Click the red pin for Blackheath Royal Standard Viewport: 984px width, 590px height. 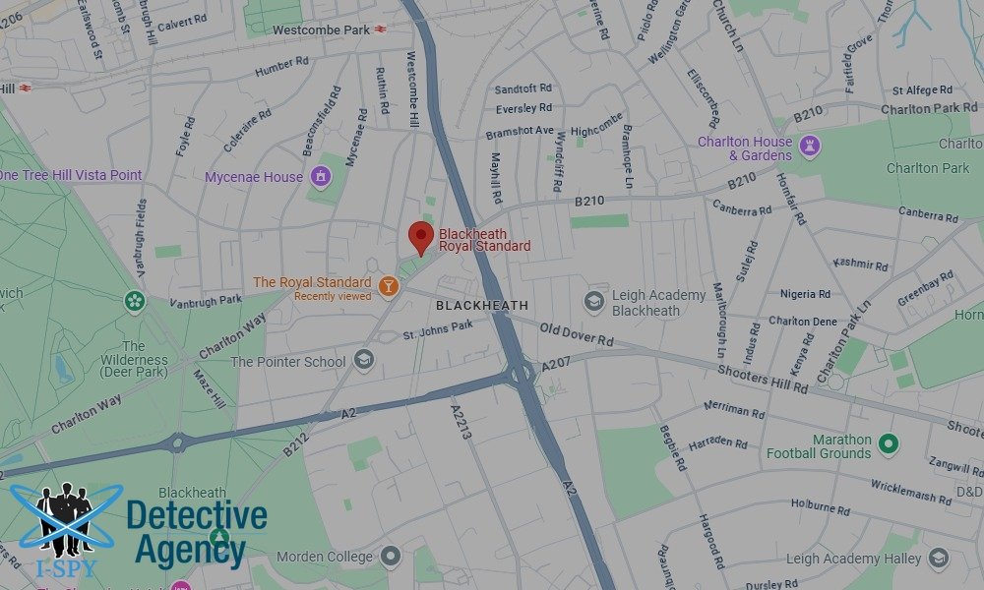click(421, 237)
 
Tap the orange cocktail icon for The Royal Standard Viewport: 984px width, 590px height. click(389, 286)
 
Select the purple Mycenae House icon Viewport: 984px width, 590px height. click(320, 177)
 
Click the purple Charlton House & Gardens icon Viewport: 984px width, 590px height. click(810, 147)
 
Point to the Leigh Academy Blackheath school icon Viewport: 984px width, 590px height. click(593, 301)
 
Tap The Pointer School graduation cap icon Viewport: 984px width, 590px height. click(364, 361)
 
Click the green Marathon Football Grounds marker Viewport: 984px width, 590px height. click(889, 445)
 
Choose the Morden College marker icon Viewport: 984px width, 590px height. click(391, 557)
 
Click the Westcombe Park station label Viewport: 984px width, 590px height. click(321, 29)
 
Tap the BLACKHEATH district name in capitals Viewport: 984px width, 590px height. click(482, 306)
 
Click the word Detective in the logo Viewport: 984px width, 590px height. click(197, 515)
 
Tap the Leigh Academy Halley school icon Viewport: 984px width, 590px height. click(938, 558)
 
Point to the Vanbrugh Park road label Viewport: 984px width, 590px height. click(205, 301)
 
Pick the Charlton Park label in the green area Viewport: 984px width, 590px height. click(928, 168)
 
